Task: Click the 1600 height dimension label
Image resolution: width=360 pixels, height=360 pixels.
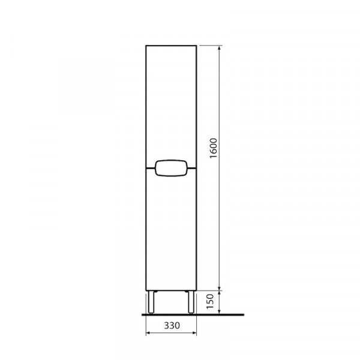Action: click(213, 148)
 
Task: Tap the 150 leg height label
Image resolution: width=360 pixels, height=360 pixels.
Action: click(210, 301)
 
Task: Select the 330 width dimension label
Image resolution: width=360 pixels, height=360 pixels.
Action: click(172, 325)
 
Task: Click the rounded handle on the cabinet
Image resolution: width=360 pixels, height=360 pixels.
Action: click(171, 168)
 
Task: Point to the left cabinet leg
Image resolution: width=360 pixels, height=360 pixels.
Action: click(151, 302)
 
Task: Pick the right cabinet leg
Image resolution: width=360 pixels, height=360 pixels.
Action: click(191, 302)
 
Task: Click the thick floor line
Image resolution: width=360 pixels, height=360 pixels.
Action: click(193, 314)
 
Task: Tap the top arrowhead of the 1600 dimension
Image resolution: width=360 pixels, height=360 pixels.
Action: click(220, 48)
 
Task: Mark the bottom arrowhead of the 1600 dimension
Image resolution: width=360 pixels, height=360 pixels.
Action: click(220, 288)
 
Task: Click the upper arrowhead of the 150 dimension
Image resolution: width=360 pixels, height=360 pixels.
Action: click(220, 293)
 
